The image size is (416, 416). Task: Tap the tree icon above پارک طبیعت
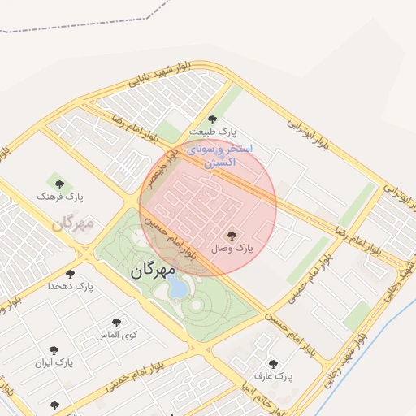point(213,119)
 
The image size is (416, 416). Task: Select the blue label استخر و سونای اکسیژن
point(220,156)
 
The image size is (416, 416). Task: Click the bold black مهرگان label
point(153,269)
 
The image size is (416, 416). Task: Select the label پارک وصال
point(235,247)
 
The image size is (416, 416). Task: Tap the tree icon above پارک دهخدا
point(71,274)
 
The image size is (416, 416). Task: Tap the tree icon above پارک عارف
point(272,364)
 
